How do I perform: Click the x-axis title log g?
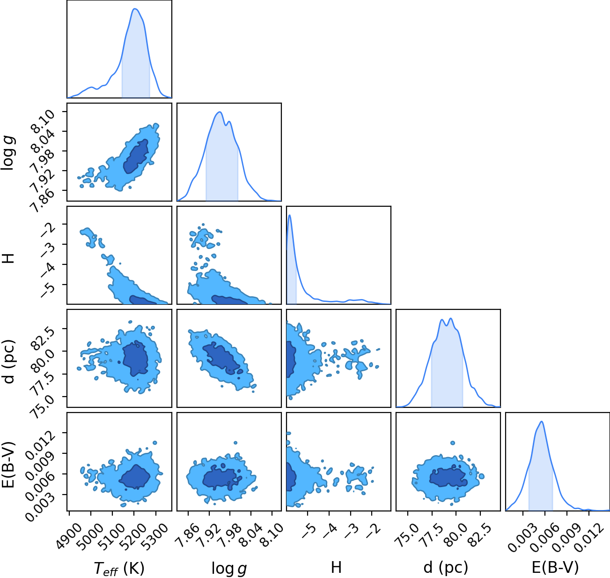point(229,568)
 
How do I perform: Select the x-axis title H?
point(336,567)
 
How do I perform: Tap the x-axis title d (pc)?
point(446,568)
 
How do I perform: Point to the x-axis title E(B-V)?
point(555,567)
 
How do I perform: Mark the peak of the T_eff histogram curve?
point(135,9)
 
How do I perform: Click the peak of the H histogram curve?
point(289,215)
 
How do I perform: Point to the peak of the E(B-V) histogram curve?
point(542,422)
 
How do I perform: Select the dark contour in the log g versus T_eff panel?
point(136,157)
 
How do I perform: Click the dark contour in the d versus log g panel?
point(222,358)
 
